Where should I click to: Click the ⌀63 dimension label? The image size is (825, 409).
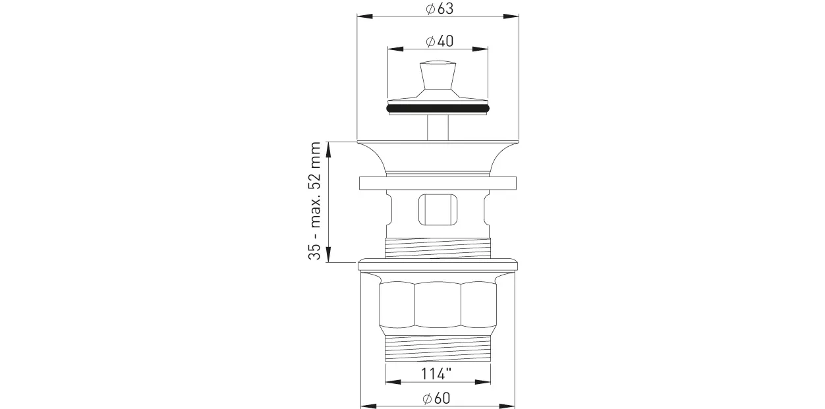click(x=440, y=9)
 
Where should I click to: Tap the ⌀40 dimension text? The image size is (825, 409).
click(x=440, y=41)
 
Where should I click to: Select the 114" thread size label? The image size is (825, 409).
click(x=436, y=374)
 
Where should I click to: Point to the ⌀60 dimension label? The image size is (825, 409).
click(x=436, y=398)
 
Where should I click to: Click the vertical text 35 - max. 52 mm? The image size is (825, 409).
click(x=314, y=201)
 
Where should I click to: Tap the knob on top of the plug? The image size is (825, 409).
click(x=438, y=75)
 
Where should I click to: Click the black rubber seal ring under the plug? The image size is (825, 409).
click(x=438, y=109)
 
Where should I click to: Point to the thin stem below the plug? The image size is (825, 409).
click(x=438, y=127)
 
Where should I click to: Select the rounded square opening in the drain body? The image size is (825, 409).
click(x=438, y=210)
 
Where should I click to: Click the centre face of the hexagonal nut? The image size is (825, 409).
click(x=438, y=304)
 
